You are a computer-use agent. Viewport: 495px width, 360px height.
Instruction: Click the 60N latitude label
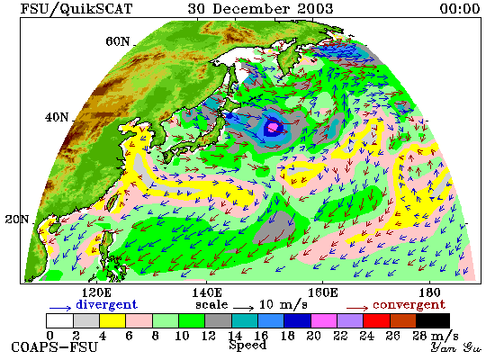point(117,41)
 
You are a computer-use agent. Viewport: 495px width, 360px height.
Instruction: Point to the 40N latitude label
point(57,118)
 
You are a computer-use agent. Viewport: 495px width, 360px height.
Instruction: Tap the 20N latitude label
point(17,220)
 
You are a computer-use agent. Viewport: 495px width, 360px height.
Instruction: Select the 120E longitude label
point(96,292)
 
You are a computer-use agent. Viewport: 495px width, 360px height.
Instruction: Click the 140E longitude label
point(207,292)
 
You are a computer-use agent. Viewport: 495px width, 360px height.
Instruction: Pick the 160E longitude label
point(322,292)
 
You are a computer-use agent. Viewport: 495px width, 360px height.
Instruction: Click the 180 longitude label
point(429,292)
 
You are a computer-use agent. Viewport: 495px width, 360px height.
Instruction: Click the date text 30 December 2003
point(260,8)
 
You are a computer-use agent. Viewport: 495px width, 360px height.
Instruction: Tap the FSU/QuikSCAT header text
point(76,8)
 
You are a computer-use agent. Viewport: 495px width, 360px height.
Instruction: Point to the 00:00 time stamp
point(460,8)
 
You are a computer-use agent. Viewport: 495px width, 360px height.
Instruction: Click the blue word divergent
point(106,304)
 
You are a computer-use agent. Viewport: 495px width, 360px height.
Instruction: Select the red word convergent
point(409,305)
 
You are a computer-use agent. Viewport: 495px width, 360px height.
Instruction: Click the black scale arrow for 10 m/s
point(243,308)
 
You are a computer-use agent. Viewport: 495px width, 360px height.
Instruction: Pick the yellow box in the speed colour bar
point(112,320)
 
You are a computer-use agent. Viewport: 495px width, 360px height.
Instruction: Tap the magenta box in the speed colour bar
point(324,320)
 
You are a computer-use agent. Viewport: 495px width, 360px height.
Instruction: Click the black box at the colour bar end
point(433,320)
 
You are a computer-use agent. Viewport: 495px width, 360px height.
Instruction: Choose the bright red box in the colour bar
point(376,320)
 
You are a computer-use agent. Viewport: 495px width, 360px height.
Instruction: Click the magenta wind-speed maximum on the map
point(273,127)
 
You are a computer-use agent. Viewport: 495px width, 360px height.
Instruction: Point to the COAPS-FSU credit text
point(54,347)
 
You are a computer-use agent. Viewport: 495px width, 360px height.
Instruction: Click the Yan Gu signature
point(456,347)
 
